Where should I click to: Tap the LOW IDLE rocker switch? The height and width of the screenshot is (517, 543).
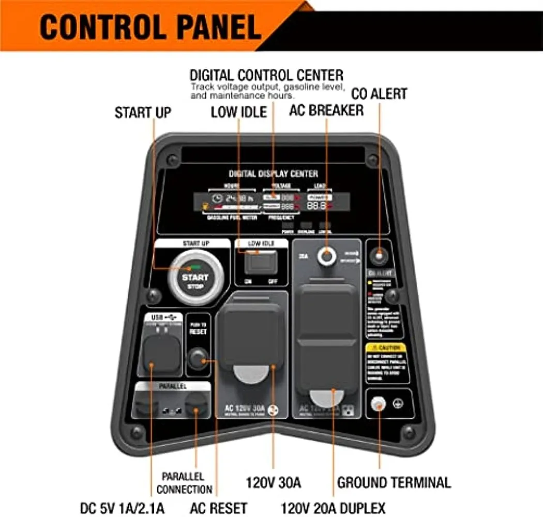(x=261, y=263)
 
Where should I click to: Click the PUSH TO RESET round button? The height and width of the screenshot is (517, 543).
(x=198, y=359)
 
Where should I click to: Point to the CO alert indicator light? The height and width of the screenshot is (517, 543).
(x=380, y=254)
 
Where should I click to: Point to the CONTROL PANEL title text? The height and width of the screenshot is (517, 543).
(x=150, y=27)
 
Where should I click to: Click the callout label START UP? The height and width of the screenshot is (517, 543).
(x=142, y=113)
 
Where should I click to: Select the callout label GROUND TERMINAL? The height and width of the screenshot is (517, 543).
(x=394, y=483)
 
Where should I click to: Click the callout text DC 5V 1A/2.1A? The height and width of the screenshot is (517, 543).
(x=122, y=508)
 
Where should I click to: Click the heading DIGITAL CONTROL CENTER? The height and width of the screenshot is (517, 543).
(x=266, y=74)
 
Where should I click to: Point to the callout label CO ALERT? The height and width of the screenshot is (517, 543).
(x=379, y=94)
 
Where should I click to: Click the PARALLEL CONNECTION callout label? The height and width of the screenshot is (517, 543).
(x=185, y=482)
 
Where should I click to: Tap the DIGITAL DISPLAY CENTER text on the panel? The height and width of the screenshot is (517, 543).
(x=273, y=174)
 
